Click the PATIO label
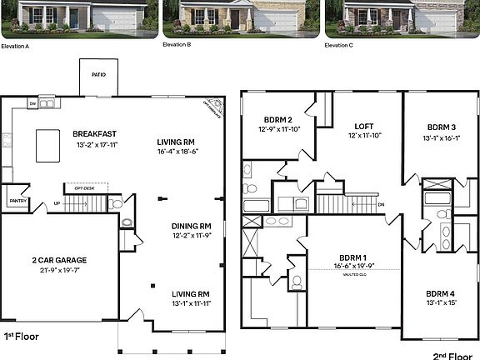point(98,73)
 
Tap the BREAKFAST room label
point(93,133)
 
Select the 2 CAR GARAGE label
point(59,260)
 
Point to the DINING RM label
point(191,226)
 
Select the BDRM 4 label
point(440,293)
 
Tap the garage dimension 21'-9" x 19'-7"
point(59,270)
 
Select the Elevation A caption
point(15,45)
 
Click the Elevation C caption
point(338,45)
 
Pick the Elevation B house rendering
point(240,17)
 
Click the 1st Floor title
point(22,337)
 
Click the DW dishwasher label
point(32,104)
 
